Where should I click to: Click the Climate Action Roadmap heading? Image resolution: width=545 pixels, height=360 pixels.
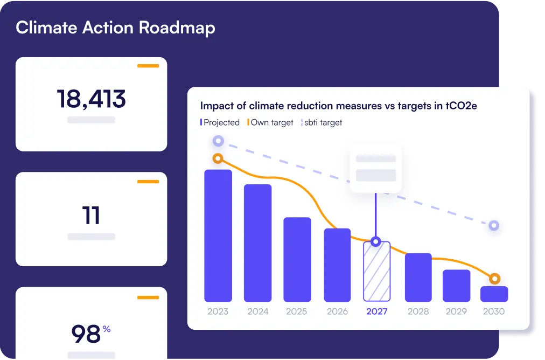pos(115,28)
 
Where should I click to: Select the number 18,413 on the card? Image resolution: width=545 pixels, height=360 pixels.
pos(92,99)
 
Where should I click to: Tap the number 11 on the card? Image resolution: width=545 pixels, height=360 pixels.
pos(92,216)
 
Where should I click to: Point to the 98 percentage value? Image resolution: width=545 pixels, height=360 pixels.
pos(86,334)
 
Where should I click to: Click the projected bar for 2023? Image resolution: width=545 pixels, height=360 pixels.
pos(218,236)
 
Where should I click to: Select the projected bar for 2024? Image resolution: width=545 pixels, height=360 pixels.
pos(258,243)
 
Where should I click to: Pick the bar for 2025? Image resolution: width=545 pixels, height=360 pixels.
pos(297,259)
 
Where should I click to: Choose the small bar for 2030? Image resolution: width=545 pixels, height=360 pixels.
pos(494,294)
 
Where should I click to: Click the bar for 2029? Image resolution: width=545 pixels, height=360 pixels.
pos(457,285)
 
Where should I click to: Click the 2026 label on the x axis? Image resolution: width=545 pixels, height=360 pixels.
pos(337,311)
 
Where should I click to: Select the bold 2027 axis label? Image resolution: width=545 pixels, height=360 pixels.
pos(376,311)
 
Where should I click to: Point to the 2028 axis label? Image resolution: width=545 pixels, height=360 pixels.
pos(418,311)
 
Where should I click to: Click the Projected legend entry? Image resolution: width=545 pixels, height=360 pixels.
pos(220,122)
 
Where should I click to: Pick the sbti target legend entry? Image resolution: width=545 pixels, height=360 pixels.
pos(322,122)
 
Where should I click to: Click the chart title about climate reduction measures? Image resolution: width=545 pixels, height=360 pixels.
pos(338,106)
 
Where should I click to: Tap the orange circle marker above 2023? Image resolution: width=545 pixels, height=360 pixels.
pos(218,159)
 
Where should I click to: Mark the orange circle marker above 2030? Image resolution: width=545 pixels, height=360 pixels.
pos(494,279)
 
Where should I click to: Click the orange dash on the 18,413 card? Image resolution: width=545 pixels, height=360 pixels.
pos(148,66)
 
